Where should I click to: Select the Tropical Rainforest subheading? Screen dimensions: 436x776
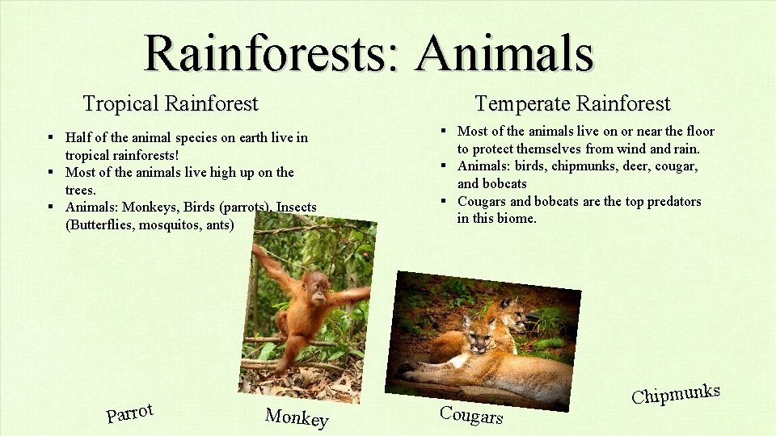click(x=171, y=103)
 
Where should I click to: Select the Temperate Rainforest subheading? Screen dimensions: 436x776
click(x=572, y=103)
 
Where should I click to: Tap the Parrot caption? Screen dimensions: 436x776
click(x=129, y=413)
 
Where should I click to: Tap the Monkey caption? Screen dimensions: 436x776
click(x=297, y=417)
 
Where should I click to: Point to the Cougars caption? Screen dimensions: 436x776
click(x=471, y=414)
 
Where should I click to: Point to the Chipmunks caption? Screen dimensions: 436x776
click(x=676, y=394)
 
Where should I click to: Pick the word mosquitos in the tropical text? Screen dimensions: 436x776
click(x=170, y=224)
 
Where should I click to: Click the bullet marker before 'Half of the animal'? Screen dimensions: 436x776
click(x=50, y=137)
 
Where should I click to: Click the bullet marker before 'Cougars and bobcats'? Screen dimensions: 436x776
click(x=445, y=201)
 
